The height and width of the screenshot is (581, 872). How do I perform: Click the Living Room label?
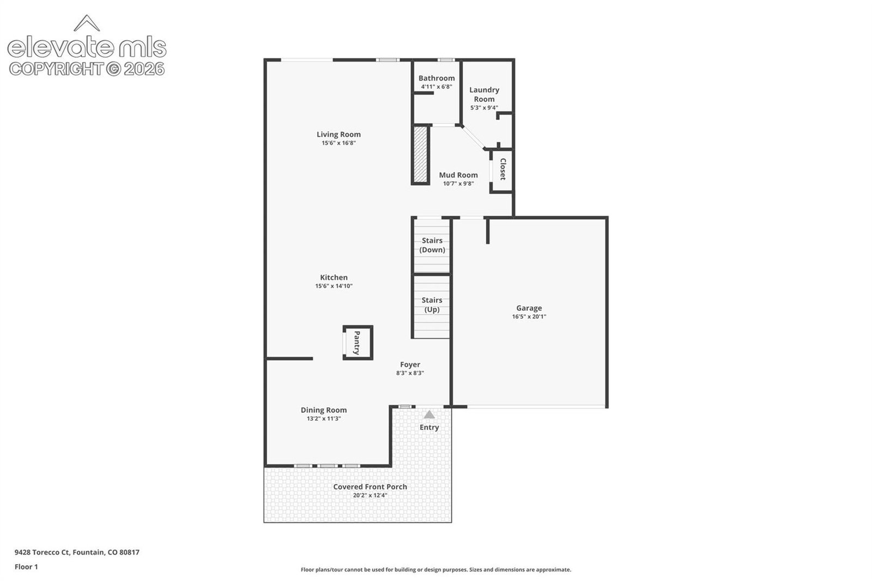coord(338,134)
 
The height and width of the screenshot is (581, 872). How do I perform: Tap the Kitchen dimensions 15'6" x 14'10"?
coord(334,286)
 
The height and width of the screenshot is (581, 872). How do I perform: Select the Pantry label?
coord(356,343)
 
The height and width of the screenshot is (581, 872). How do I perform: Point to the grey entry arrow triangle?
coord(429,414)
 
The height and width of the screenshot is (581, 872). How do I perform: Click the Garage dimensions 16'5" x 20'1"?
coord(529,316)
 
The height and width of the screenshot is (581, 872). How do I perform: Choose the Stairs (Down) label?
coord(432,245)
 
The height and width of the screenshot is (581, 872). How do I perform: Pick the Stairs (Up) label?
coord(432,305)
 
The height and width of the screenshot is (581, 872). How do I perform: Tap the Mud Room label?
coord(458,175)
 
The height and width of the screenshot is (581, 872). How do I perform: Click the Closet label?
coord(502,169)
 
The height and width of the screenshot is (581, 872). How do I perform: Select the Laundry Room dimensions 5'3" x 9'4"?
coord(484,108)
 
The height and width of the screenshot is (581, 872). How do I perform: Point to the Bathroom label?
coord(437,78)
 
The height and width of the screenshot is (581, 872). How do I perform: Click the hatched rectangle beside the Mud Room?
coord(420,154)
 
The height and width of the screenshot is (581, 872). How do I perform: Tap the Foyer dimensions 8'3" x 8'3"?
coord(410,373)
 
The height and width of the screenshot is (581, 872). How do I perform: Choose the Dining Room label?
coord(324,410)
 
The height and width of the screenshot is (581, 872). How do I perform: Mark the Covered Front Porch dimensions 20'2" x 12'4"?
coord(370,496)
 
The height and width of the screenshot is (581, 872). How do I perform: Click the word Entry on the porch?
coord(429,427)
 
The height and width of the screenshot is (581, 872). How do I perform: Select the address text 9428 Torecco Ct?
coord(42,552)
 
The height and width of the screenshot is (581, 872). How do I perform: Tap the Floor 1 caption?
coord(27,567)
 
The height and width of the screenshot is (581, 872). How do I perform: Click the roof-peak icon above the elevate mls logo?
coord(87,23)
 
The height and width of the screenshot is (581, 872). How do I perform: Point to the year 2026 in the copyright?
coord(144,69)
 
